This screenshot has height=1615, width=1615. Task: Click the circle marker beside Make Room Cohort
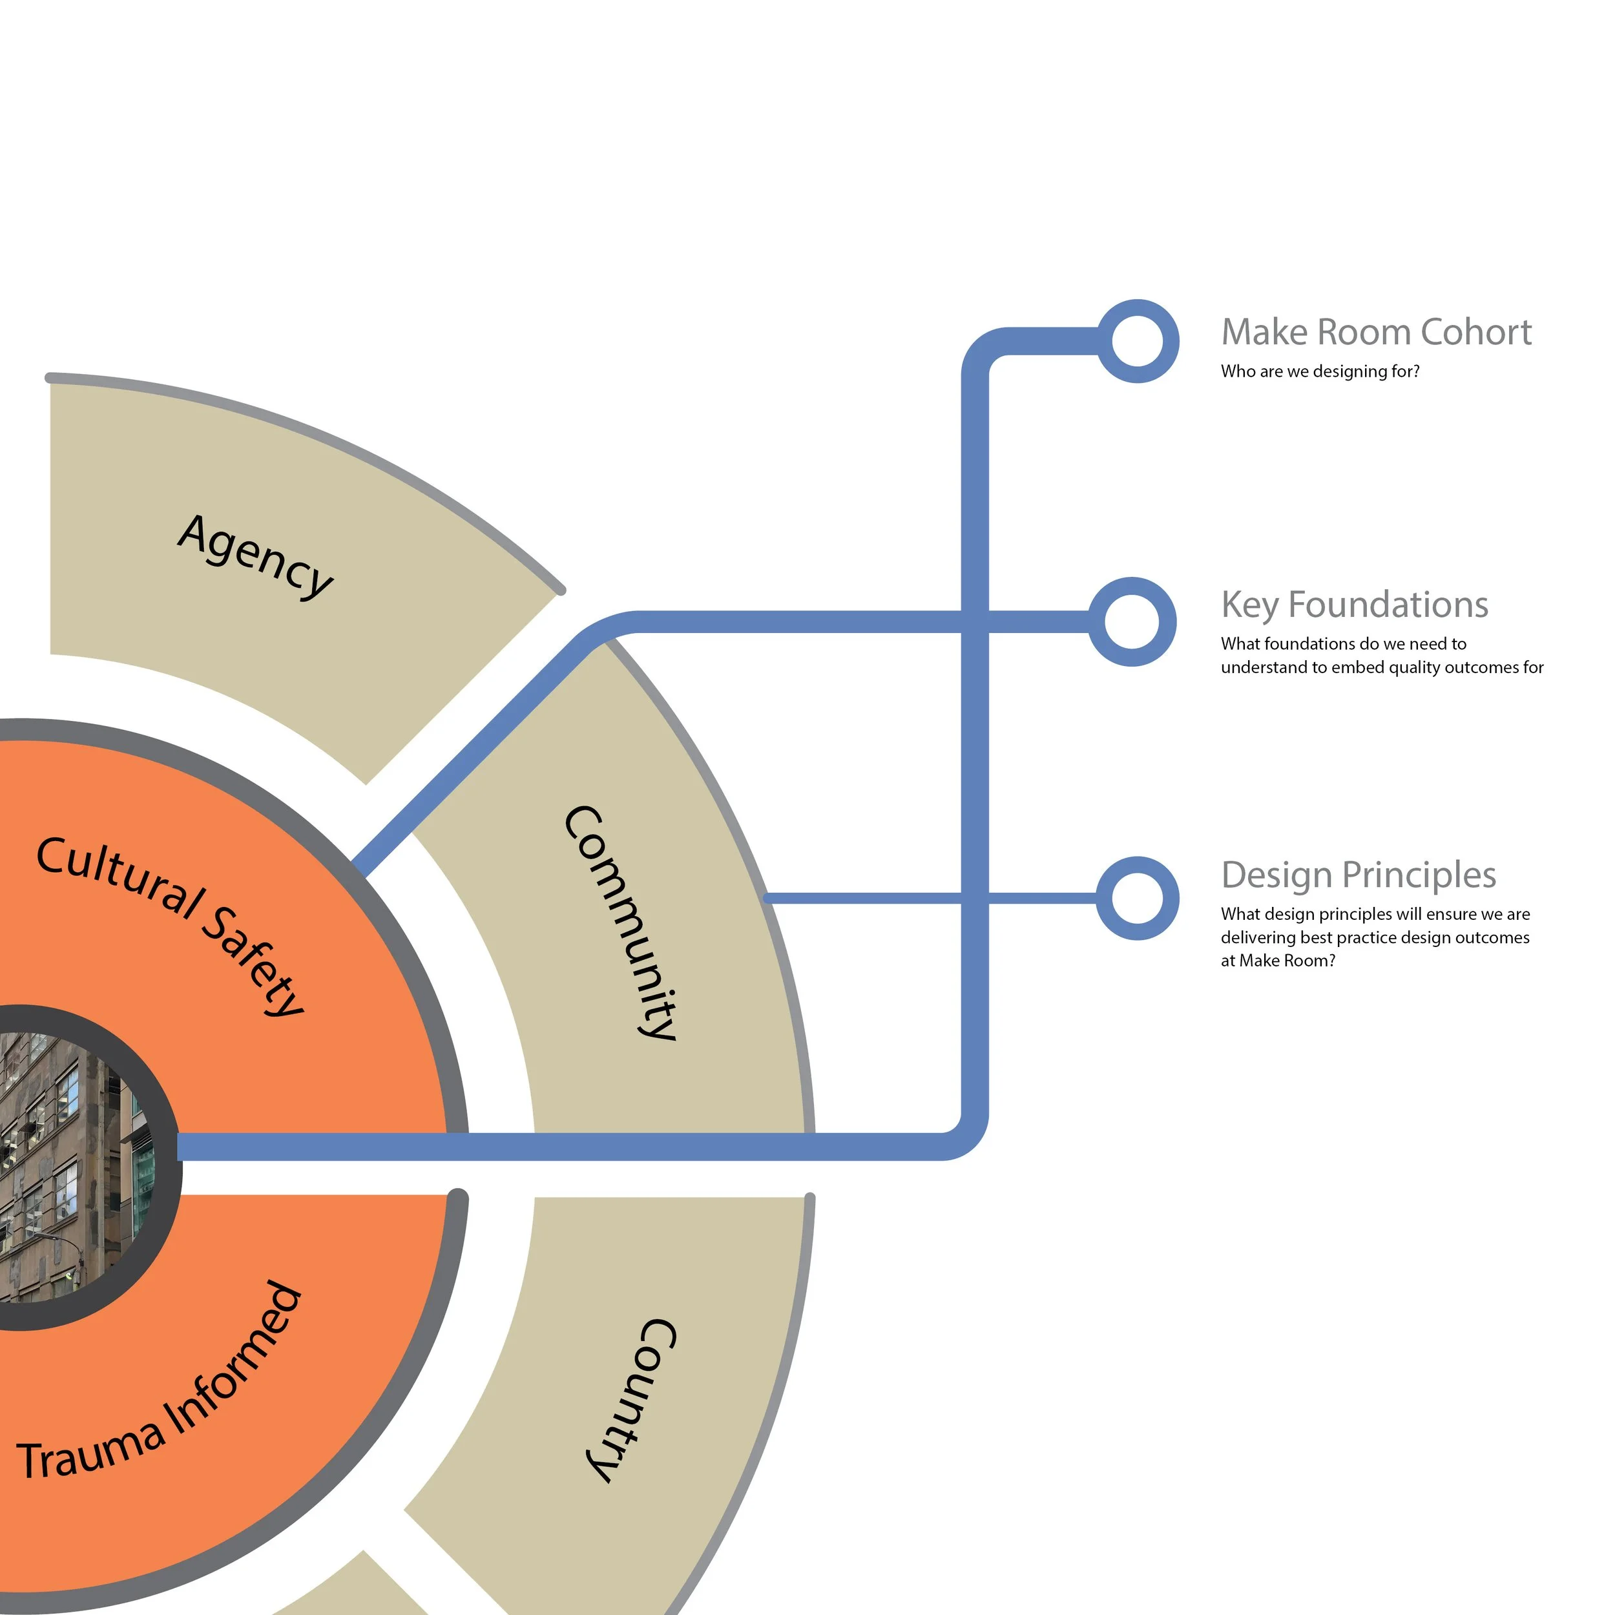pyautogui.click(x=1137, y=341)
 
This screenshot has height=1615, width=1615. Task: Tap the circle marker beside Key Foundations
pyautogui.click(x=1132, y=622)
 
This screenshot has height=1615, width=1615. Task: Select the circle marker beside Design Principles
pyautogui.click(x=1137, y=898)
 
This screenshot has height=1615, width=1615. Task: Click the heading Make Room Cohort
pyautogui.click(x=1375, y=333)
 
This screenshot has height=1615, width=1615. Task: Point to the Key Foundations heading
pyautogui.click(x=1354, y=605)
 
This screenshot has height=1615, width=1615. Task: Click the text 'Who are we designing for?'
pyautogui.click(x=1319, y=371)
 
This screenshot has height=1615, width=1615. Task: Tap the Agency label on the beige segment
pyautogui.click(x=256, y=556)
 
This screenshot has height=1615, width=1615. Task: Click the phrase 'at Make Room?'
pyautogui.click(x=1277, y=961)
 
